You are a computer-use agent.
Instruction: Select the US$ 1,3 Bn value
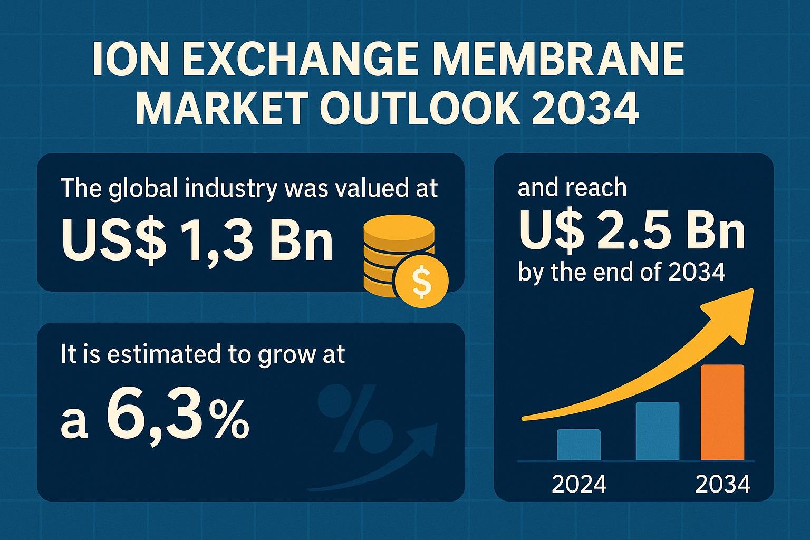click(x=197, y=240)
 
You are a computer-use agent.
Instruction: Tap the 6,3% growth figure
click(x=177, y=419)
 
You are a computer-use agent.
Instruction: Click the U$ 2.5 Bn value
click(x=632, y=231)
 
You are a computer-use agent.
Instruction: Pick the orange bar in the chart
click(x=722, y=412)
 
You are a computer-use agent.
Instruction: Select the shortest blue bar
click(x=578, y=445)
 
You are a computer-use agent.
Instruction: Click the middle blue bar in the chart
click(x=657, y=431)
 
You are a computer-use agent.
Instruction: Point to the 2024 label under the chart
click(x=578, y=484)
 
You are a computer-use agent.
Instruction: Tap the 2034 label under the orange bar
click(x=722, y=484)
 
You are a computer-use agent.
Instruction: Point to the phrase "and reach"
click(x=572, y=188)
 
